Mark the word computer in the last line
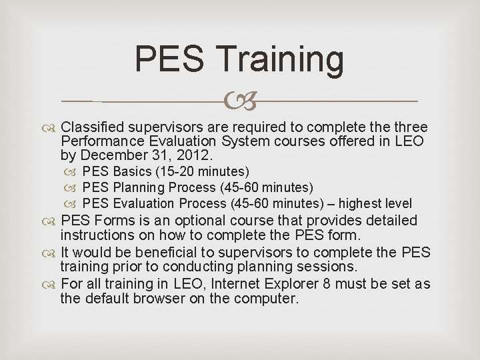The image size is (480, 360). (269, 299)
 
